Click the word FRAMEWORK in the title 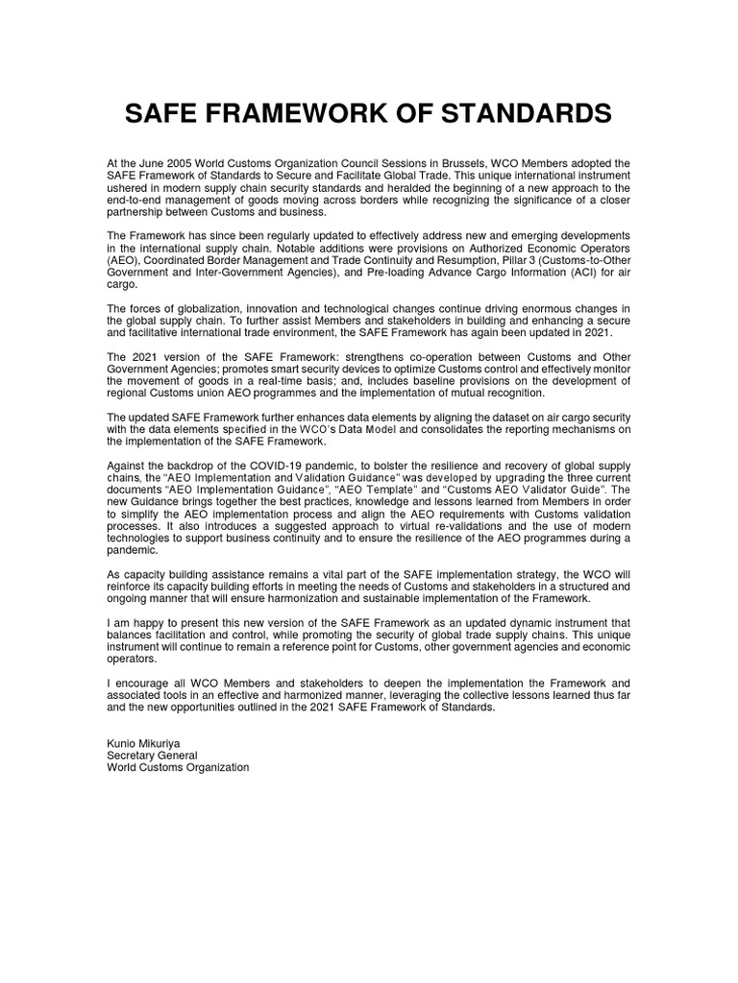coord(310,113)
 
